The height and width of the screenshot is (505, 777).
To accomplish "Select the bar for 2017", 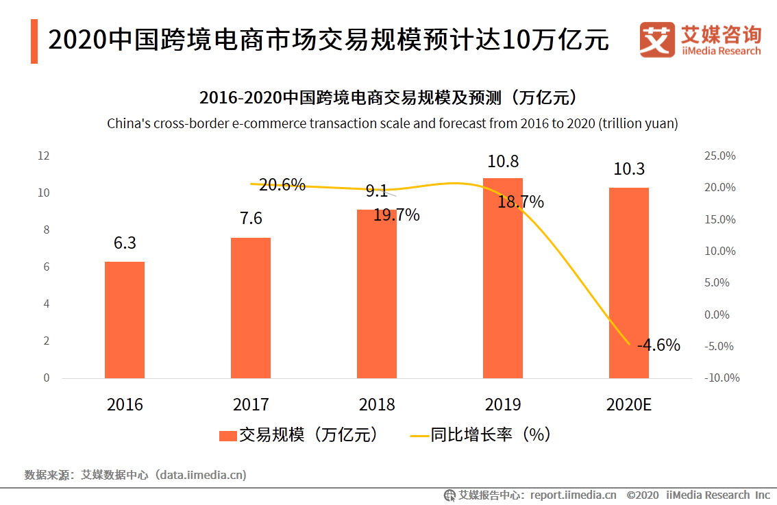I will click(x=251, y=308).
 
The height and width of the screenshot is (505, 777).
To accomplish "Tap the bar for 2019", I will click(x=503, y=278).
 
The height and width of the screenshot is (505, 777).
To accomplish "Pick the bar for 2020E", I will click(x=629, y=282).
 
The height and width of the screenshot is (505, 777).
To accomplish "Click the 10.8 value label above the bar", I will click(x=503, y=162).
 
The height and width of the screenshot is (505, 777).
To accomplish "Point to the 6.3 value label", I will click(x=125, y=243).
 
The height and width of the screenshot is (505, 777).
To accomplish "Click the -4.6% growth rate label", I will click(x=658, y=345).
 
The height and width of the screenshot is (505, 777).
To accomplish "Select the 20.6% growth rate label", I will click(x=282, y=185).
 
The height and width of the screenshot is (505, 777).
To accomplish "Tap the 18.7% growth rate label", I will click(x=521, y=201).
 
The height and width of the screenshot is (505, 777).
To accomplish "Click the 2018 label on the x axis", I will click(x=377, y=404).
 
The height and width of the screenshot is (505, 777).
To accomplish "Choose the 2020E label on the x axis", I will click(x=629, y=404).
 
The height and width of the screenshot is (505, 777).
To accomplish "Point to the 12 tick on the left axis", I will click(x=43, y=156).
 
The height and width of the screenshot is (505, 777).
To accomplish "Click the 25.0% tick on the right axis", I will click(x=719, y=156).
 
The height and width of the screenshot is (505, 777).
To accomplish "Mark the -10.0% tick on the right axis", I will click(x=721, y=378).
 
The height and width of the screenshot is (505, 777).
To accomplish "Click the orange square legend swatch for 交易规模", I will click(x=228, y=436).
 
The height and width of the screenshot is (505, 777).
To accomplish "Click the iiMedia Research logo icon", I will click(x=657, y=40).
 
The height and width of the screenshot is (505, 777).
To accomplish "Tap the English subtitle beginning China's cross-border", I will click(x=392, y=124).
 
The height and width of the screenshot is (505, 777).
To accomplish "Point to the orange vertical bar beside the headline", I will click(x=34, y=41).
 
